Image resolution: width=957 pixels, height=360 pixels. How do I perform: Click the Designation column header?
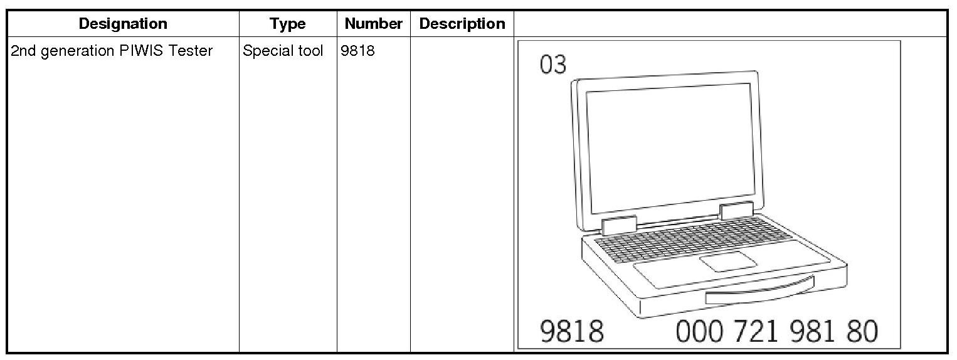123,24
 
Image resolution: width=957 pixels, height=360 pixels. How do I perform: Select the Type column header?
288,24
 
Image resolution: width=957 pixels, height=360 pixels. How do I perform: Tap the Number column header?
373,24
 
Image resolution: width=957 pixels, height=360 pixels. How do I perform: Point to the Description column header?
462,24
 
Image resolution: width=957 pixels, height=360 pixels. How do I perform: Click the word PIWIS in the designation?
143,51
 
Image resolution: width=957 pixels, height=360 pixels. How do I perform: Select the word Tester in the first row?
192,51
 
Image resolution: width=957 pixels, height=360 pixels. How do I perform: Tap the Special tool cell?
283,51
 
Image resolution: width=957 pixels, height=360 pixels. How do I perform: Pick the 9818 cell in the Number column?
357,51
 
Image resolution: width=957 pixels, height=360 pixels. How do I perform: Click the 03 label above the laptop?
553,65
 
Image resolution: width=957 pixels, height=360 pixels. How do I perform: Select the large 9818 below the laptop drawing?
572,331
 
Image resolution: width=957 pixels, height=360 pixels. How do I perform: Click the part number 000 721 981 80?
776,331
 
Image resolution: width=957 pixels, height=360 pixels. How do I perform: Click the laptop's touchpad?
727,261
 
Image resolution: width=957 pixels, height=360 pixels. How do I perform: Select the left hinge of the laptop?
619,226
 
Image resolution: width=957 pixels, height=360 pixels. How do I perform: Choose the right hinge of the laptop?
737,211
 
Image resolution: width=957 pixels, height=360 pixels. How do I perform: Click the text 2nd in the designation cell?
23,51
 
